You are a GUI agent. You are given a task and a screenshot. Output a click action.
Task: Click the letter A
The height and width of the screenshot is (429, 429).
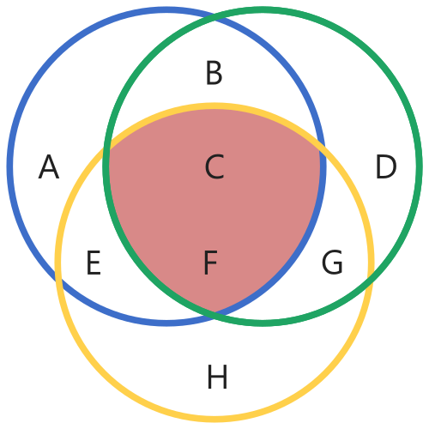pyautogui.click(x=49, y=166)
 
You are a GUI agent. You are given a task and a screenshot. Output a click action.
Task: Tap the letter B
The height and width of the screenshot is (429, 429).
pyautogui.click(x=214, y=73)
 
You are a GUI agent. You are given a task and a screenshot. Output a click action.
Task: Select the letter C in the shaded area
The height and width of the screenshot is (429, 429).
pyautogui.click(x=214, y=166)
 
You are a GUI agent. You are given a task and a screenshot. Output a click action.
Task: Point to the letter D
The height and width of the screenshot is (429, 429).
pyautogui.click(x=386, y=166)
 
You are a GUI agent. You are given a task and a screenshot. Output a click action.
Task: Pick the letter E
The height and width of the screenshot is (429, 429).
pyautogui.click(x=94, y=263)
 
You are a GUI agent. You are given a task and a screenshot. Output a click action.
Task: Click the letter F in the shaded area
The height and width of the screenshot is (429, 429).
pyautogui.click(x=211, y=263)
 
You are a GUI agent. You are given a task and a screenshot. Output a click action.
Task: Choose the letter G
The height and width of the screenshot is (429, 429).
pyautogui.click(x=332, y=263)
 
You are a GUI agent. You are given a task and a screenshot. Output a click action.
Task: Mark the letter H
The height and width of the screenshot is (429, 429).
pyautogui.click(x=217, y=377)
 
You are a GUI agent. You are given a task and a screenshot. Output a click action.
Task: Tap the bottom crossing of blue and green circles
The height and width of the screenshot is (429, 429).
pyautogui.click(x=214, y=311)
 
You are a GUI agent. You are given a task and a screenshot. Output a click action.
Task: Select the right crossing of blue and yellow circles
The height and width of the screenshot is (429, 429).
pyautogui.click(x=323, y=148)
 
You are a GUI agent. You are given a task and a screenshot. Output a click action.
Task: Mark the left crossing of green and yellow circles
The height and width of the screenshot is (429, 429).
pyautogui.click(x=106, y=148)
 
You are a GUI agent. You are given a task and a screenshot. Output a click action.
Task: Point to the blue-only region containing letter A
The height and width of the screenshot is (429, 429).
pyautogui.click(x=49, y=143)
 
